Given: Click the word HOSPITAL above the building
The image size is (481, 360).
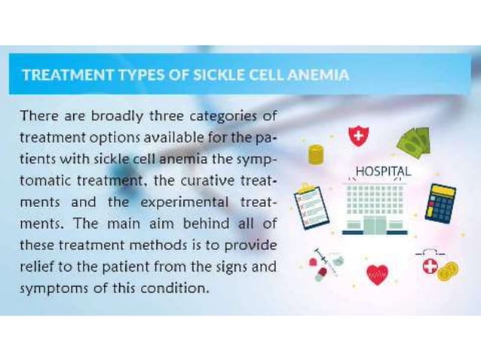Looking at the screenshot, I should coord(383,172).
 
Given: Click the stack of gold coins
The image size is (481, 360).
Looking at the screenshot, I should coord(315,154).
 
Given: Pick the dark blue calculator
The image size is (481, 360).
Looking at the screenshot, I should coord(440,203).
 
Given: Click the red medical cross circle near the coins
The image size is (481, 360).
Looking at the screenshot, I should coord(430,265).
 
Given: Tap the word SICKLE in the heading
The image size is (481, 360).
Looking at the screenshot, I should coord(205,75).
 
